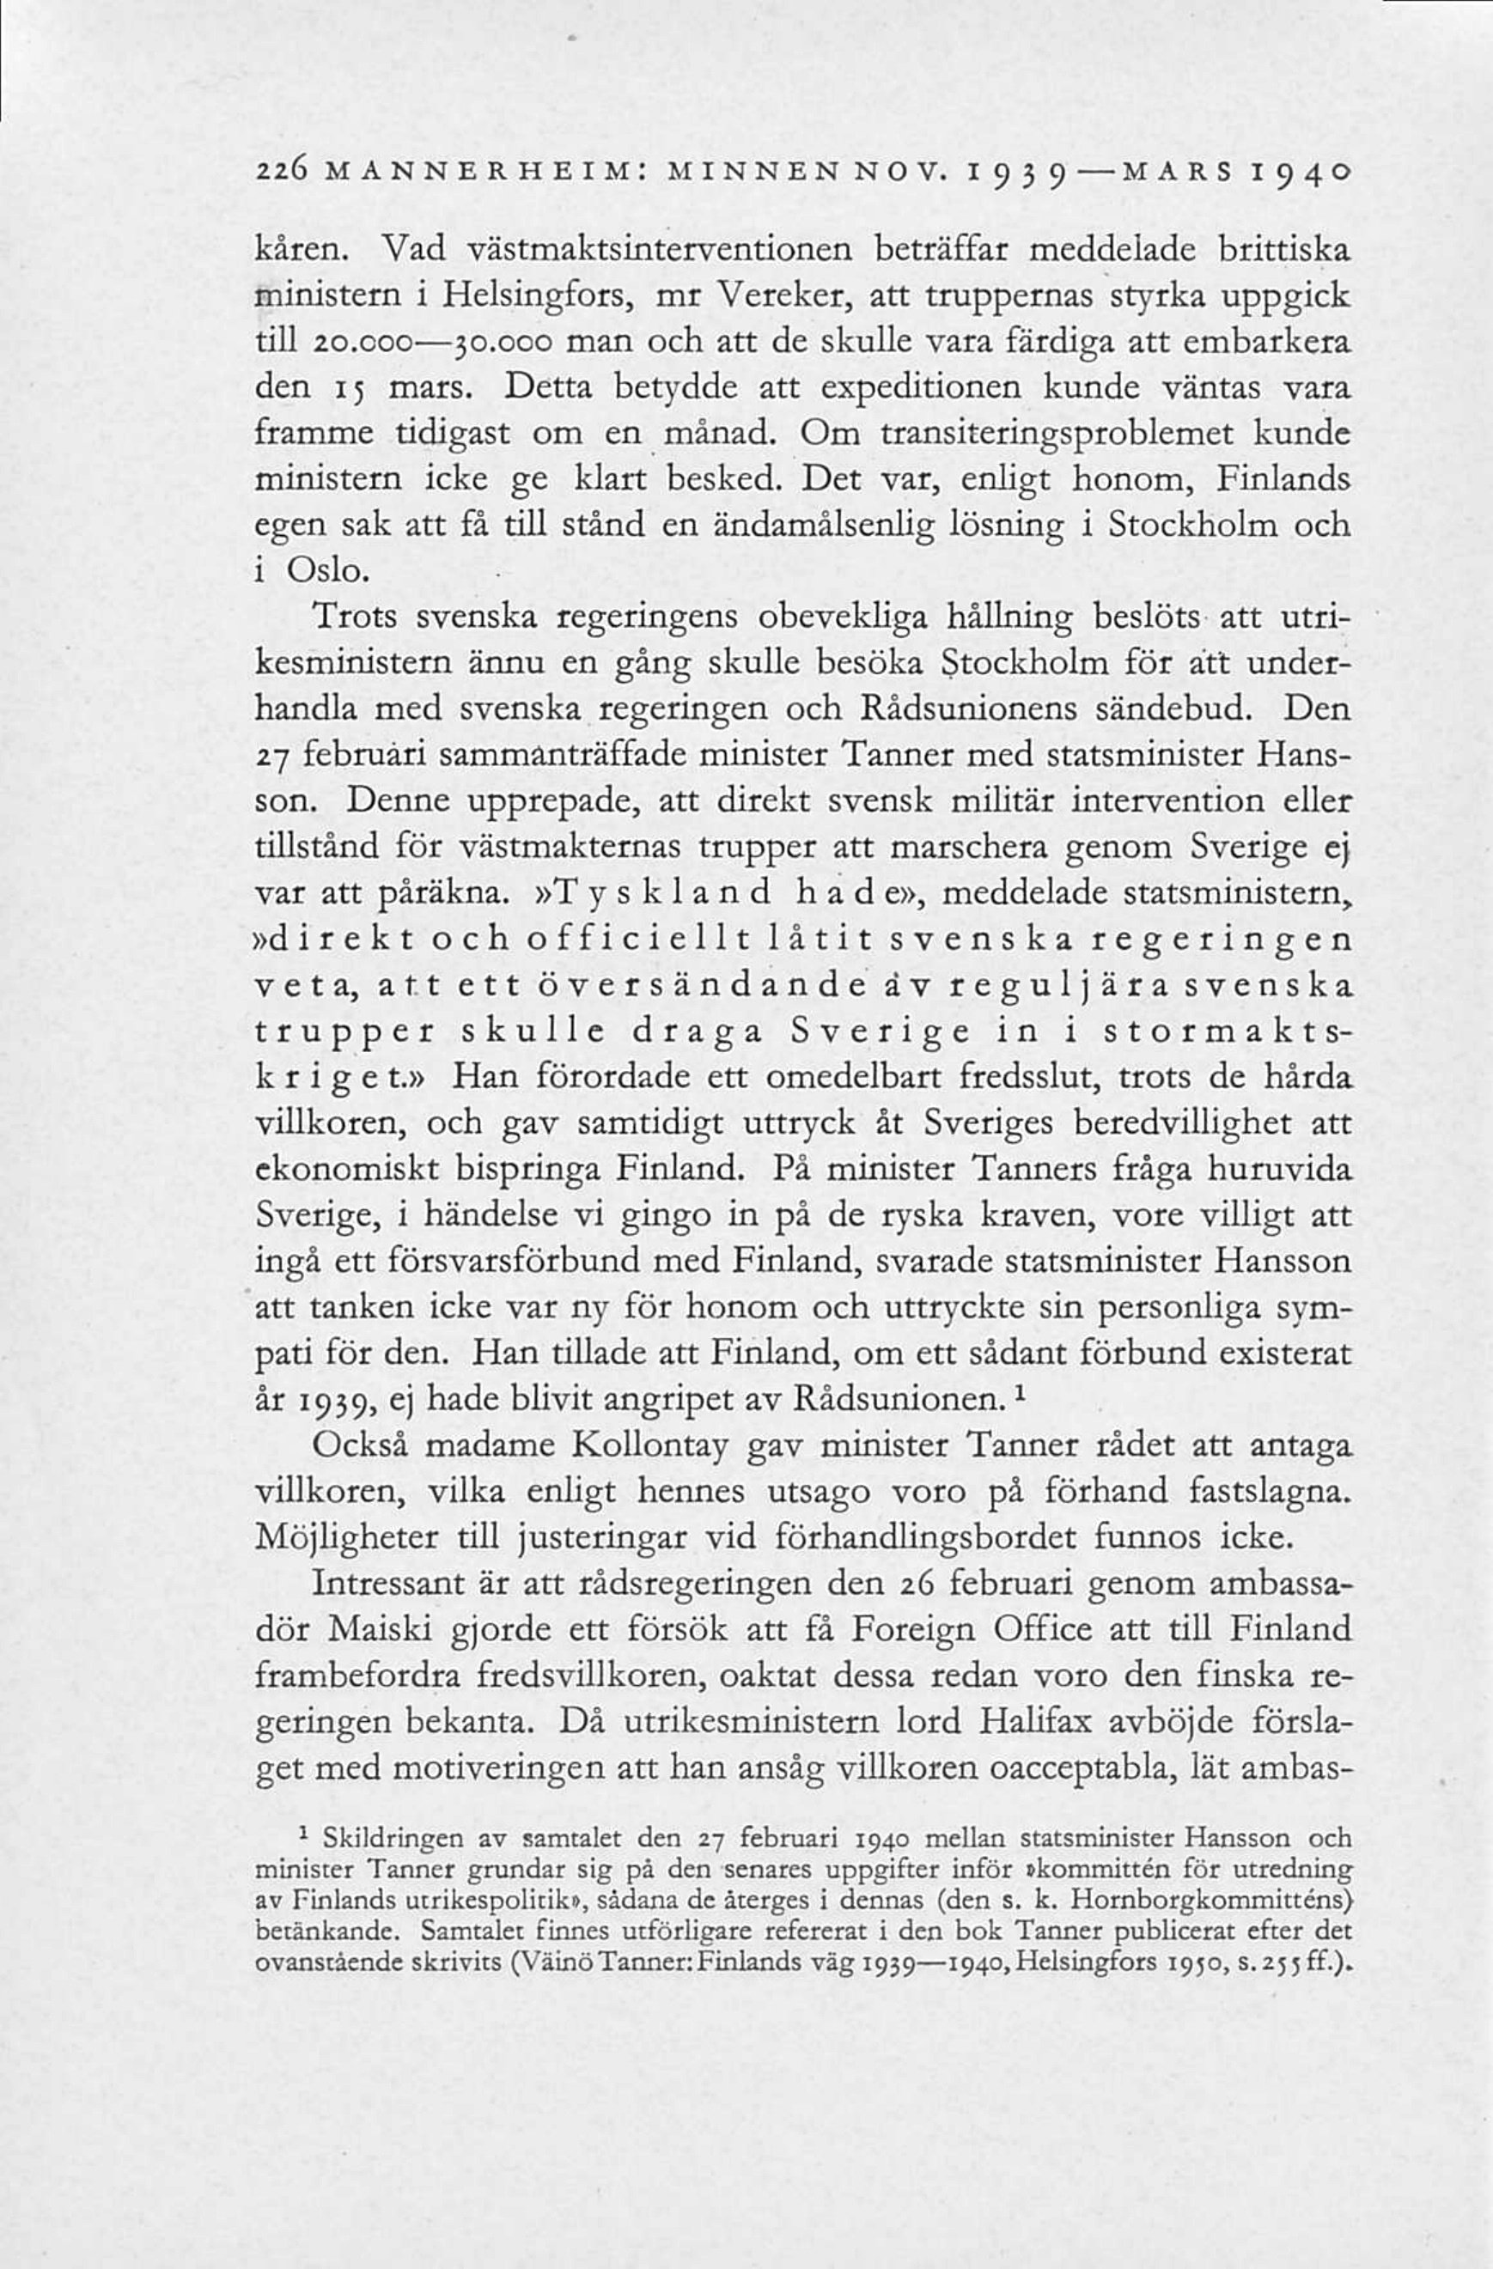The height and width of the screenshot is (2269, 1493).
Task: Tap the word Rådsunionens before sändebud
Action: click(x=969, y=709)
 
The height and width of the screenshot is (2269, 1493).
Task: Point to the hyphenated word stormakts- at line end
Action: click(x=1227, y=1032)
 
